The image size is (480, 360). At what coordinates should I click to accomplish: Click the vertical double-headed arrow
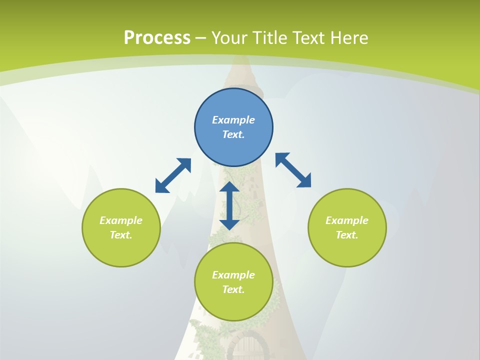point(229,206)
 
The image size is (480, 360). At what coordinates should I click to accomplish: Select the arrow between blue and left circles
point(173,175)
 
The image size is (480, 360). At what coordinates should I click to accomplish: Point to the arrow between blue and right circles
point(293,170)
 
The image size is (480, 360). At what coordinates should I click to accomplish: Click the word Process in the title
point(157,38)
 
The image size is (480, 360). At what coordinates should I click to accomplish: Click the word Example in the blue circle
point(233,120)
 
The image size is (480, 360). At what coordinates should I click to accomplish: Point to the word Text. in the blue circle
point(233,134)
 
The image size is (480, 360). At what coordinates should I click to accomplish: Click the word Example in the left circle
point(121,220)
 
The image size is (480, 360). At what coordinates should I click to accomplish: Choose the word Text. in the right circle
point(347,235)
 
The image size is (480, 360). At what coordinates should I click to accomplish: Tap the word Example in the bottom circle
point(233,275)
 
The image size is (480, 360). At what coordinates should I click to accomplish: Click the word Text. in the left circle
point(121,235)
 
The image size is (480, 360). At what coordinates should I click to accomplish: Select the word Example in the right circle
point(347,220)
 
